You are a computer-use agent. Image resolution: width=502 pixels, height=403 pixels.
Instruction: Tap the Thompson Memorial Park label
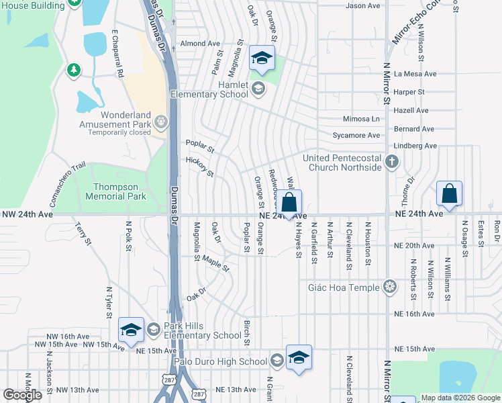tap(115, 191)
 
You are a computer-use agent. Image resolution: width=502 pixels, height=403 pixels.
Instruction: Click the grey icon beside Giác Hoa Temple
tap(389, 287)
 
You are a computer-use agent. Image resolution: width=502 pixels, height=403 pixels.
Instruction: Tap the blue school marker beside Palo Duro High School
tap(299, 357)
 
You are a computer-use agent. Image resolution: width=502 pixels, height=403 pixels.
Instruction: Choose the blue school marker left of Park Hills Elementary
tap(131, 329)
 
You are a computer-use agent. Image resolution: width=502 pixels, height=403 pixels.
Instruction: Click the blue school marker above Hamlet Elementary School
tap(262, 58)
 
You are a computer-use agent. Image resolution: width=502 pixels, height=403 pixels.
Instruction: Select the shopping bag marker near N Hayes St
tap(289, 202)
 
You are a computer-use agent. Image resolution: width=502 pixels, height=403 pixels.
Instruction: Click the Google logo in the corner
tap(22, 395)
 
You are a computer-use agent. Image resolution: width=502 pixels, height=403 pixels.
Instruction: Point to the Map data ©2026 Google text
tap(460, 398)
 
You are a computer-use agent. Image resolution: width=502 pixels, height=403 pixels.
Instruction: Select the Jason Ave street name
tap(362, 6)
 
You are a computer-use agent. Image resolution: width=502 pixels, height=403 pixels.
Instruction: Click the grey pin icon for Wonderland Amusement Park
tap(160, 122)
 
